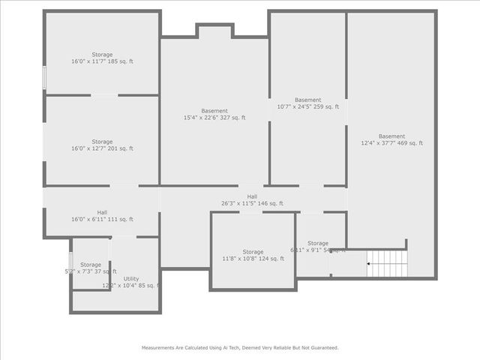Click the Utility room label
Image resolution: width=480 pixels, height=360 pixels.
coord(130,279)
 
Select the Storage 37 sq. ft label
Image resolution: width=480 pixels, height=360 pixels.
coord(91,265)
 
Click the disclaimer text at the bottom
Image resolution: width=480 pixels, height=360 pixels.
coord(240,348)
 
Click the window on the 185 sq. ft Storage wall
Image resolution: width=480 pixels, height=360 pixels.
coord(44,77)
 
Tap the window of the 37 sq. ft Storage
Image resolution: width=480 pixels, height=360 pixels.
coord(71,263)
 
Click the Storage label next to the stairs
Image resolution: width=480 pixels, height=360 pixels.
coord(317,243)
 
